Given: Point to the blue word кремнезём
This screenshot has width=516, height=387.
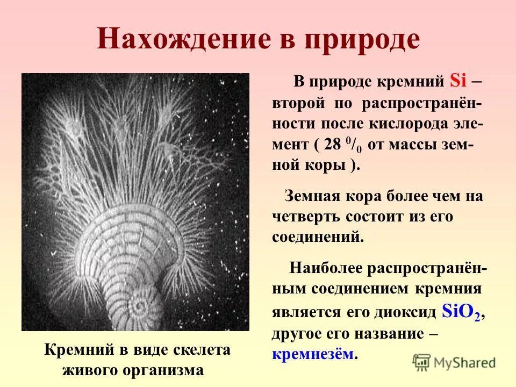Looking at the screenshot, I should pyautogui.click(x=314, y=354).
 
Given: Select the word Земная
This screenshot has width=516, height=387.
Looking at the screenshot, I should pyautogui.click(x=310, y=196).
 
